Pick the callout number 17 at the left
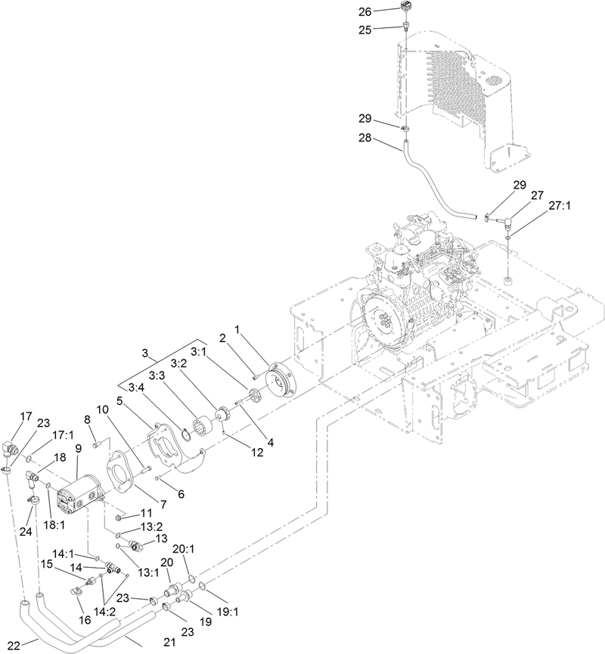tap(26, 416)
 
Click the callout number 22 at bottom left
tap(11, 644)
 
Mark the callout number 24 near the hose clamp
tap(26, 532)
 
